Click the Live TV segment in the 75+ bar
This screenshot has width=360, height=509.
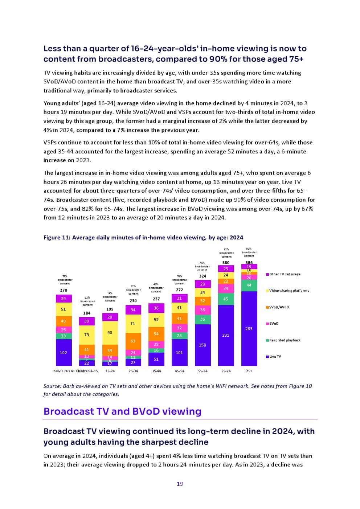(x=249, y=328)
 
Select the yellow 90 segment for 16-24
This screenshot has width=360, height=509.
(x=110, y=333)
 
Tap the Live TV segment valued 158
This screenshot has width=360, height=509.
(x=202, y=345)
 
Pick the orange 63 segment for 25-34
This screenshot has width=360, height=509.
(x=133, y=341)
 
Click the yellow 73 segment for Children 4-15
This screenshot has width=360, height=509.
(x=87, y=334)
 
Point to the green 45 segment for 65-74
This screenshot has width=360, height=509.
(x=226, y=299)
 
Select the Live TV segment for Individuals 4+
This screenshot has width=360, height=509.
(x=64, y=352)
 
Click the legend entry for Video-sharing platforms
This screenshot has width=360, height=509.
(x=289, y=291)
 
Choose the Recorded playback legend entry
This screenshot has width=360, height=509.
(x=285, y=340)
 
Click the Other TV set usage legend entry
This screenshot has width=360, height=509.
(x=285, y=274)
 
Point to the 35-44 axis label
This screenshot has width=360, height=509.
(x=156, y=371)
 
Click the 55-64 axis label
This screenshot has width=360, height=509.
(x=202, y=371)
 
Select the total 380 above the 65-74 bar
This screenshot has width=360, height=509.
(x=226, y=263)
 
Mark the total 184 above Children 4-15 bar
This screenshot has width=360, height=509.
(x=87, y=313)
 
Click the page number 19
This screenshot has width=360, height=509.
(x=180, y=484)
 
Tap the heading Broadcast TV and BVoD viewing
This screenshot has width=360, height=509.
(x=122, y=411)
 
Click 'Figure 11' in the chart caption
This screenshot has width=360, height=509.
(x=56, y=238)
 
